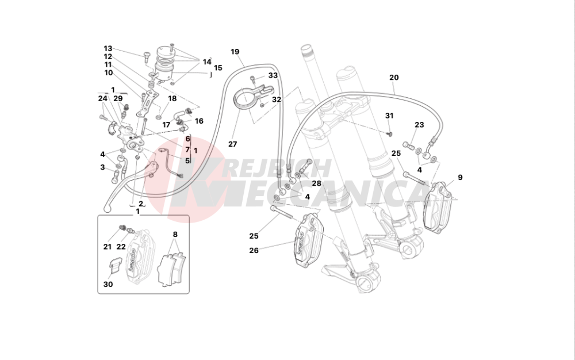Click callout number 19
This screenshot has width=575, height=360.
click(235, 52)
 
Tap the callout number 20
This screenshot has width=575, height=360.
click(393, 78)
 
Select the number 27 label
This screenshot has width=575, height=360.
click(232, 144)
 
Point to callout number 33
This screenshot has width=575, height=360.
click(273, 75)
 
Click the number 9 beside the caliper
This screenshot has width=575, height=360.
click(460, 177)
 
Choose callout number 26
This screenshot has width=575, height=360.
click(254, 250)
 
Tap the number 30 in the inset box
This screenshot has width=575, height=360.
click(108, 284)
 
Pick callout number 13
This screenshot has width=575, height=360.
click(108, 48)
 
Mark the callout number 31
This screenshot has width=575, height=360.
click(389, 116)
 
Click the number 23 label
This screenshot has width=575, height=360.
click(419, 125)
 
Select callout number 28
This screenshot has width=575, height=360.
click(316, 183)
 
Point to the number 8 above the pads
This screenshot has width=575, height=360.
click(175, 234)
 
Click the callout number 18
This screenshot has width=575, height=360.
click(172, 98)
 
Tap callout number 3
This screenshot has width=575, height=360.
click(102, 167)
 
